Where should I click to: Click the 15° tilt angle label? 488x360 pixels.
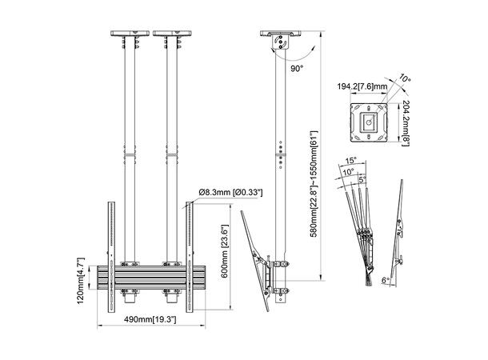tap(353, 160)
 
